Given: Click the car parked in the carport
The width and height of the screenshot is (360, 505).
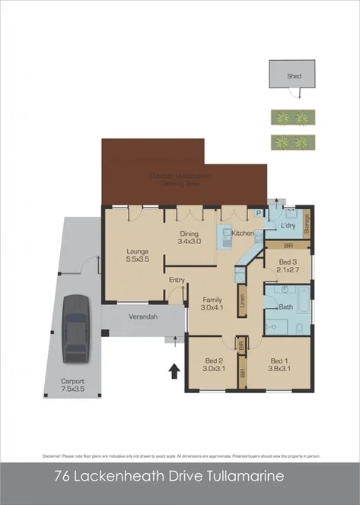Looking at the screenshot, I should [x=75, y=327].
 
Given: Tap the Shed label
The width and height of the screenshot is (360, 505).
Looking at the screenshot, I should [x=294, y=76].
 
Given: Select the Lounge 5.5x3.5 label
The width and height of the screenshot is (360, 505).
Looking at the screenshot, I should [x=137, y=256].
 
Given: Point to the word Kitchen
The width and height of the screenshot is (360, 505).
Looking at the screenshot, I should [x=243, y=233].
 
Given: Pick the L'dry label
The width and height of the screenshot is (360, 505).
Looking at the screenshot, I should [x=288, y=227].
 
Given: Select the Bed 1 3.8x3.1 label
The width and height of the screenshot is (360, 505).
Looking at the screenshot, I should [x=279, y=364].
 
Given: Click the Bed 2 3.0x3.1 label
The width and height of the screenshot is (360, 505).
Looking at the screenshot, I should [x=214, y=364].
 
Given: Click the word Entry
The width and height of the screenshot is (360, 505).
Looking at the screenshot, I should [x=177, y=280].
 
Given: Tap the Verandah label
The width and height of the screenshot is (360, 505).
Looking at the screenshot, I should [x=142, y=317].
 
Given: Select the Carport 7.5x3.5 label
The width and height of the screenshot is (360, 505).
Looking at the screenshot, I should [x=73, y=386].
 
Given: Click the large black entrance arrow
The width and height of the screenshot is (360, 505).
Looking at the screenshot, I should [x=174, y=370].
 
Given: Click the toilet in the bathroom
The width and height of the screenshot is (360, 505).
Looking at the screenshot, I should [x=300, y=328].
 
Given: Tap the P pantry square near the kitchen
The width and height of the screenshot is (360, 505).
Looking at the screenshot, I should [x=259, y=214].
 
